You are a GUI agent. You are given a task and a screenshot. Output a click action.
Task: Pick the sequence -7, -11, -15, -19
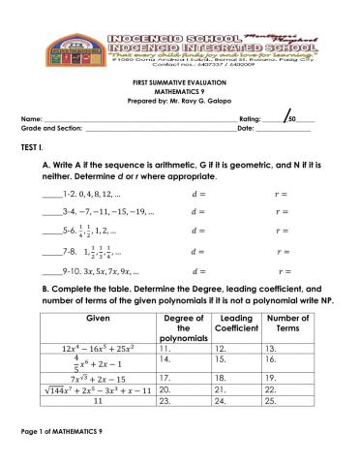coord(107,210)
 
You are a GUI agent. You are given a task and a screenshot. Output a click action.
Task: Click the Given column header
coord(99,317)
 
